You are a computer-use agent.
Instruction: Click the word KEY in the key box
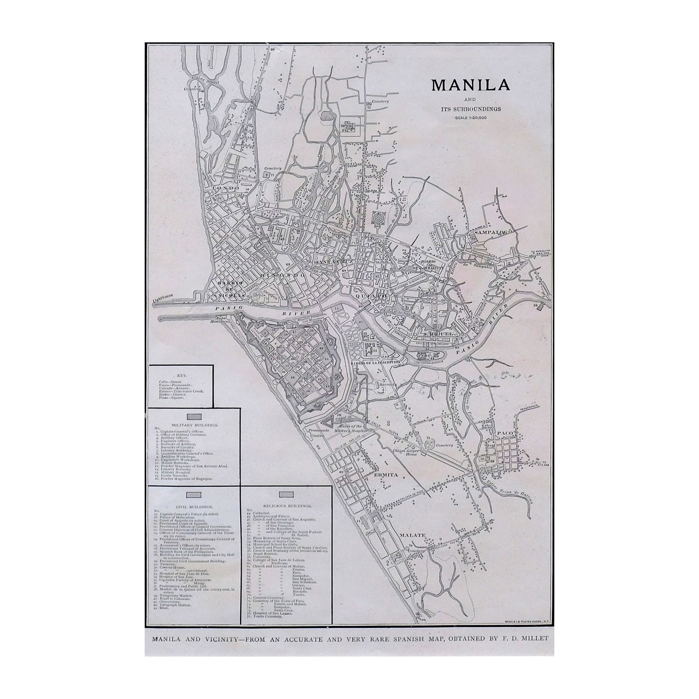(x=180, y=375)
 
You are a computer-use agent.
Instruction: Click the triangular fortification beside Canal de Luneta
(x=329, y=422)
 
